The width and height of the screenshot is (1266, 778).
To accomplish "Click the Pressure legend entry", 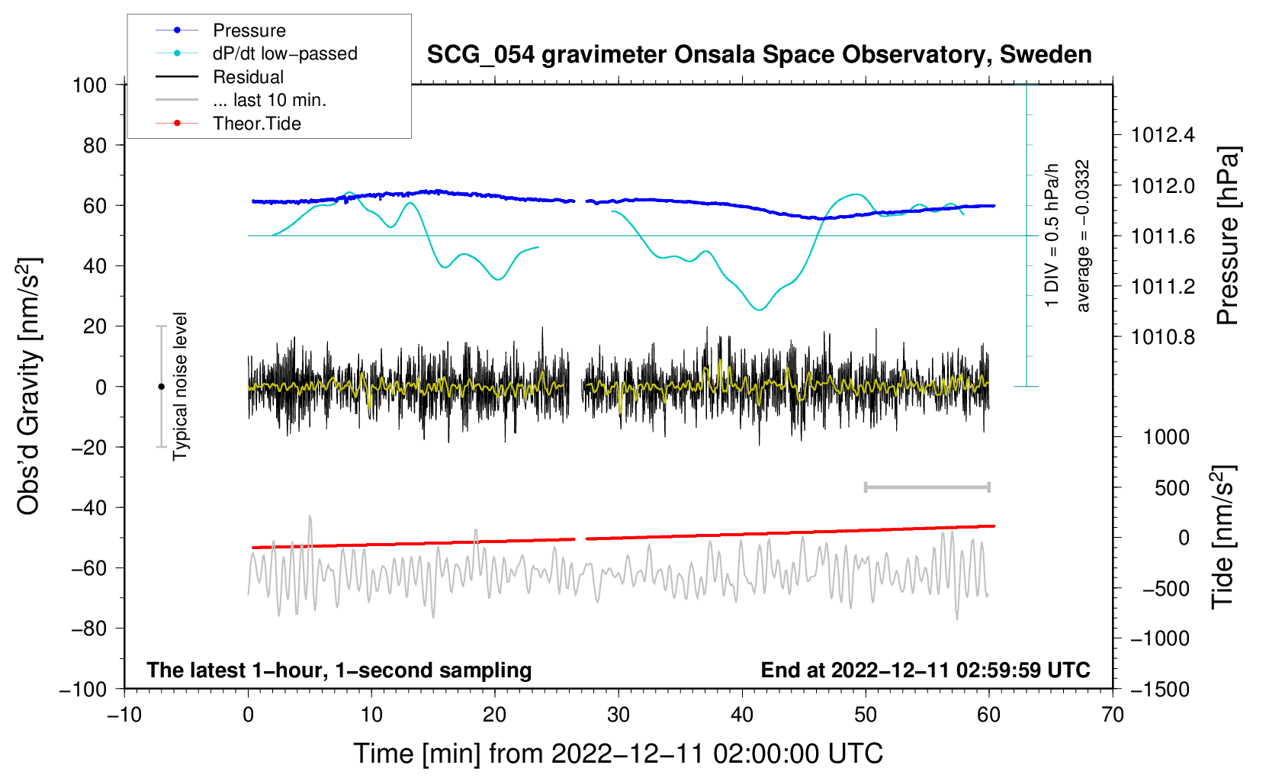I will [x=249, y=31].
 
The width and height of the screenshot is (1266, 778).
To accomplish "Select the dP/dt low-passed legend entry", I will [x=284, y=53].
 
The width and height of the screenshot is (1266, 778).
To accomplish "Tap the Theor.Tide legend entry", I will [x=256, y=124].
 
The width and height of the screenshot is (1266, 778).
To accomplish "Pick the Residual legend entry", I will [x=248, y=77].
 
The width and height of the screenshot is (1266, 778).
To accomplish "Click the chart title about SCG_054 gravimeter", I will [x=759, y=54].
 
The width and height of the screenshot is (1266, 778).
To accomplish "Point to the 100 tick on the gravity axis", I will [x=89, y=85].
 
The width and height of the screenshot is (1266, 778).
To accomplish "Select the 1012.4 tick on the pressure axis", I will [x=1162, y=136].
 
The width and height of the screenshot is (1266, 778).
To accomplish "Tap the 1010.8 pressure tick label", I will [x=1162, y=337].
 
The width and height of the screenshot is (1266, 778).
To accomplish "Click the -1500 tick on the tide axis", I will [x=1159, y=689].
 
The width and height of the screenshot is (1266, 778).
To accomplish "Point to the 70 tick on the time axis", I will [x=1113, y=715].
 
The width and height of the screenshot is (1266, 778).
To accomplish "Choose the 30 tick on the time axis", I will [x=619, y=715].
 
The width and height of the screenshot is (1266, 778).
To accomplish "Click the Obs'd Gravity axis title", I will [x=29, y=386].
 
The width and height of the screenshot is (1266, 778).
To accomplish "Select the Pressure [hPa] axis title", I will [x=1227, y=236].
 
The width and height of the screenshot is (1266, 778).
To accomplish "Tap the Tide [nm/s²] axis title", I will [x=1223, y=537].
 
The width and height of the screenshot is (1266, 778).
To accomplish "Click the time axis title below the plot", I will [x=618, y=754].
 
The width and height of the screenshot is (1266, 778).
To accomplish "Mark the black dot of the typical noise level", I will [x=161, y=387].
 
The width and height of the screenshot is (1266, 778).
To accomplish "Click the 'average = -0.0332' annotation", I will [x=1083, y=236].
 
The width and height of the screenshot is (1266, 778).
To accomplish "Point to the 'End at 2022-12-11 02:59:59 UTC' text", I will [x=925, y=670].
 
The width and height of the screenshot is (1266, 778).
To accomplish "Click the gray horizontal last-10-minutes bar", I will [x=927, y=487].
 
